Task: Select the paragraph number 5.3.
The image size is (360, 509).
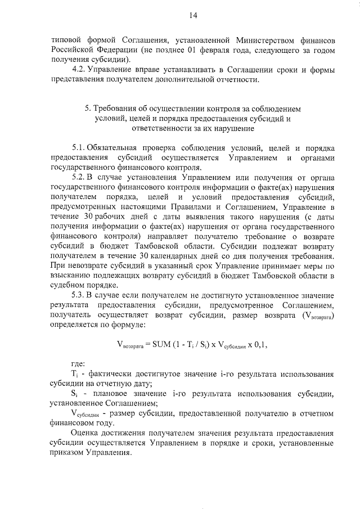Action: click(x=78, y=294)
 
